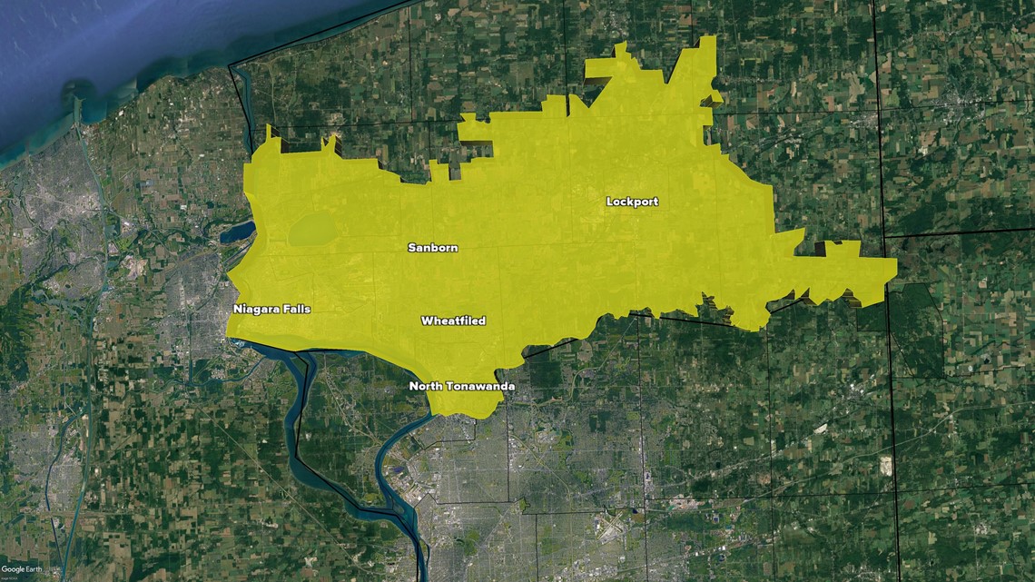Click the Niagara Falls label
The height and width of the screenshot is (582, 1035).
click(x=271, y=310)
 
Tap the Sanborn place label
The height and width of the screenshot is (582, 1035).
click(x=432, y=248)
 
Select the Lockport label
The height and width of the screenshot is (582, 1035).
click(x=632, y=202)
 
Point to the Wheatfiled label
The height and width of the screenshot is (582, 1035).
click(x=453, y=321)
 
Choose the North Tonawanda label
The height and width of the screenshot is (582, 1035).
click(x=462, y=387)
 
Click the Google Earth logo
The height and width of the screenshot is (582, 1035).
click(x=21, y=569)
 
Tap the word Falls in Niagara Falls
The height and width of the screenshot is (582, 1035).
click(x=295, y=310)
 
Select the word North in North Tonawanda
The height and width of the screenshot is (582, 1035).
click(x=426, y=387)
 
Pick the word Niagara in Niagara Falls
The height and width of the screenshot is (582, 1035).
click(x=255, y=310)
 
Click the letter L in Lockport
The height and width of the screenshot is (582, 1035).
click(x=610, y=202)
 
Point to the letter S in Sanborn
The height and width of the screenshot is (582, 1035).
click(x=411, y=248)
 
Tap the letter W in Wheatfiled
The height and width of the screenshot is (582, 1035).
click(x=426, y=321)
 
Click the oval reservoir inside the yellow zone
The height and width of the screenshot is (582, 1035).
click(x=311, y=230)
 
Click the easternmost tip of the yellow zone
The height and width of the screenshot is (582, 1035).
click(x=896, y=265)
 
